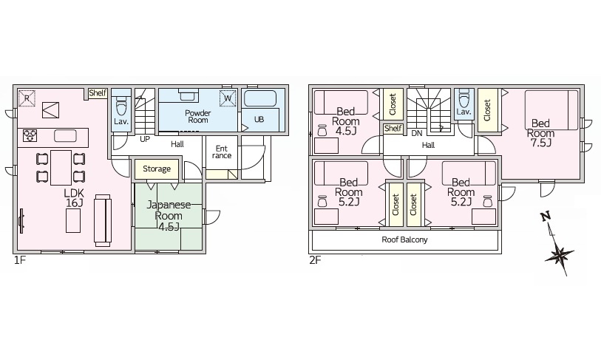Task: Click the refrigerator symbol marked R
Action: pyautogui.click(x=27, y=98)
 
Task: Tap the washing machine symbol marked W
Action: pyautogui.click(x=228, y=98)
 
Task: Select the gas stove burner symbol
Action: pyautogui.click(x=30, y=136)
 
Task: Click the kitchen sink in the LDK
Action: pyautogui.click(x=65, y=136)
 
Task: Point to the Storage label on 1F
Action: pyautogui.click(x=157, y=169)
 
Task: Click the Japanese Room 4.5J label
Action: pyautogui.click(x=169, y=215)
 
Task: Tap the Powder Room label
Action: pyautogui.click(x=198, y=116)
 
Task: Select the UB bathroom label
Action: pyautogui.click(x=259, y=119)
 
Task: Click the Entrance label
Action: pyautogui.click(x=222, y=152)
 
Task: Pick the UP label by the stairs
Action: pyautogui.click(x=144, y=139)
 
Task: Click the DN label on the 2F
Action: pyautogui.click(x=417, y=133)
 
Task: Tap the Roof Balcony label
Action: pyautogui.click(x=404, y=240)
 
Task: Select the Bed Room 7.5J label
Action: pyautogui.click(x=540, y=133)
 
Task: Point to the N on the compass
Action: pyautogui.click(x=546, y=217)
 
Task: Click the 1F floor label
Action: pyautogui.click(x=19, y=261)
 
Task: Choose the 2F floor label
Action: pyautogui.click(x=315, y=261)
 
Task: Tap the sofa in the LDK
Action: pyautogui.click(x=103, y=220)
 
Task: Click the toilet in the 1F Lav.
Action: pyautogui.click(x=121, y=103)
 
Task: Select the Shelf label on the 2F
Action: pyautogui.click(x=393, y=129)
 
